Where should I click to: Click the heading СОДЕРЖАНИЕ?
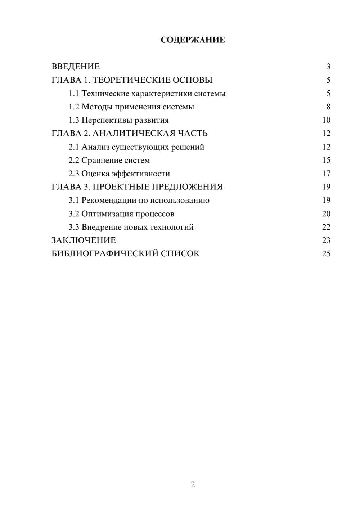pyautogui.click(x=193, y=40)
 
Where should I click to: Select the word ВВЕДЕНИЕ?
pyautogui.click(x=76, y=67)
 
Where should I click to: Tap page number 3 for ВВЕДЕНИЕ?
pyautogui.click(x=328, y=67)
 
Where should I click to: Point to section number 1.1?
pyautogui.click(x=74, y=94)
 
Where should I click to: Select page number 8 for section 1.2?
pyautogui.click(x=328, y=107)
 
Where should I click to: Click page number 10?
pyautogui.click(x=326, y=120)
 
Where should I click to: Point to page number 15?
pyautogui.click(x=326, y=161)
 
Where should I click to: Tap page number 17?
pyautogui.click(x=326, y=174)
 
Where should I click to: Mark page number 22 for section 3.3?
pyautogui.click(x=326, y=227)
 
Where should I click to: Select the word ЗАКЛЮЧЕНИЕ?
pyautogui.click(x=84, y=240)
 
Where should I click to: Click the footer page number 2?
pyautogui.click(x=193, y=485)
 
